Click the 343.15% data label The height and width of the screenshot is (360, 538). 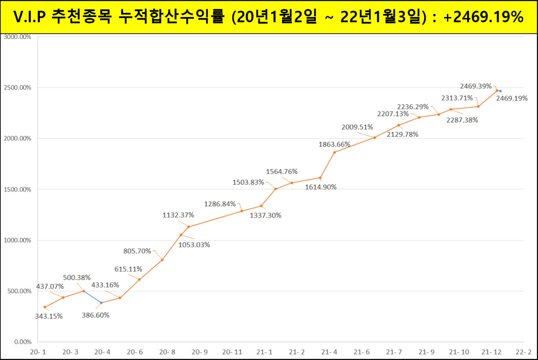49,316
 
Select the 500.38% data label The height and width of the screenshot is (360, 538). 77,278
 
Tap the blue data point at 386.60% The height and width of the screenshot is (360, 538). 101,303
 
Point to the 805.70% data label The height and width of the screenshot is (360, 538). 137,251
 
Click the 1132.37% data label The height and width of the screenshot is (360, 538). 178,215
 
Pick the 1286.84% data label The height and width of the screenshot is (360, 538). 220,204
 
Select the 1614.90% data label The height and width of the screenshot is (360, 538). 321,187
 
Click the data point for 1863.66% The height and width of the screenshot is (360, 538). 334,152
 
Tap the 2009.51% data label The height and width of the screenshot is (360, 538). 357,127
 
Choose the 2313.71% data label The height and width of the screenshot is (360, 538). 457,98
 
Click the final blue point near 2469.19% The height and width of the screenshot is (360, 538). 500,91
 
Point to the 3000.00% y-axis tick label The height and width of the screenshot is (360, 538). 17,37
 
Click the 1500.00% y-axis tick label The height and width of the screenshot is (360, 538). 17,189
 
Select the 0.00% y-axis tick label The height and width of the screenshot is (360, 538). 21,342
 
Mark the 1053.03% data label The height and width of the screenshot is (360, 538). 194,245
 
